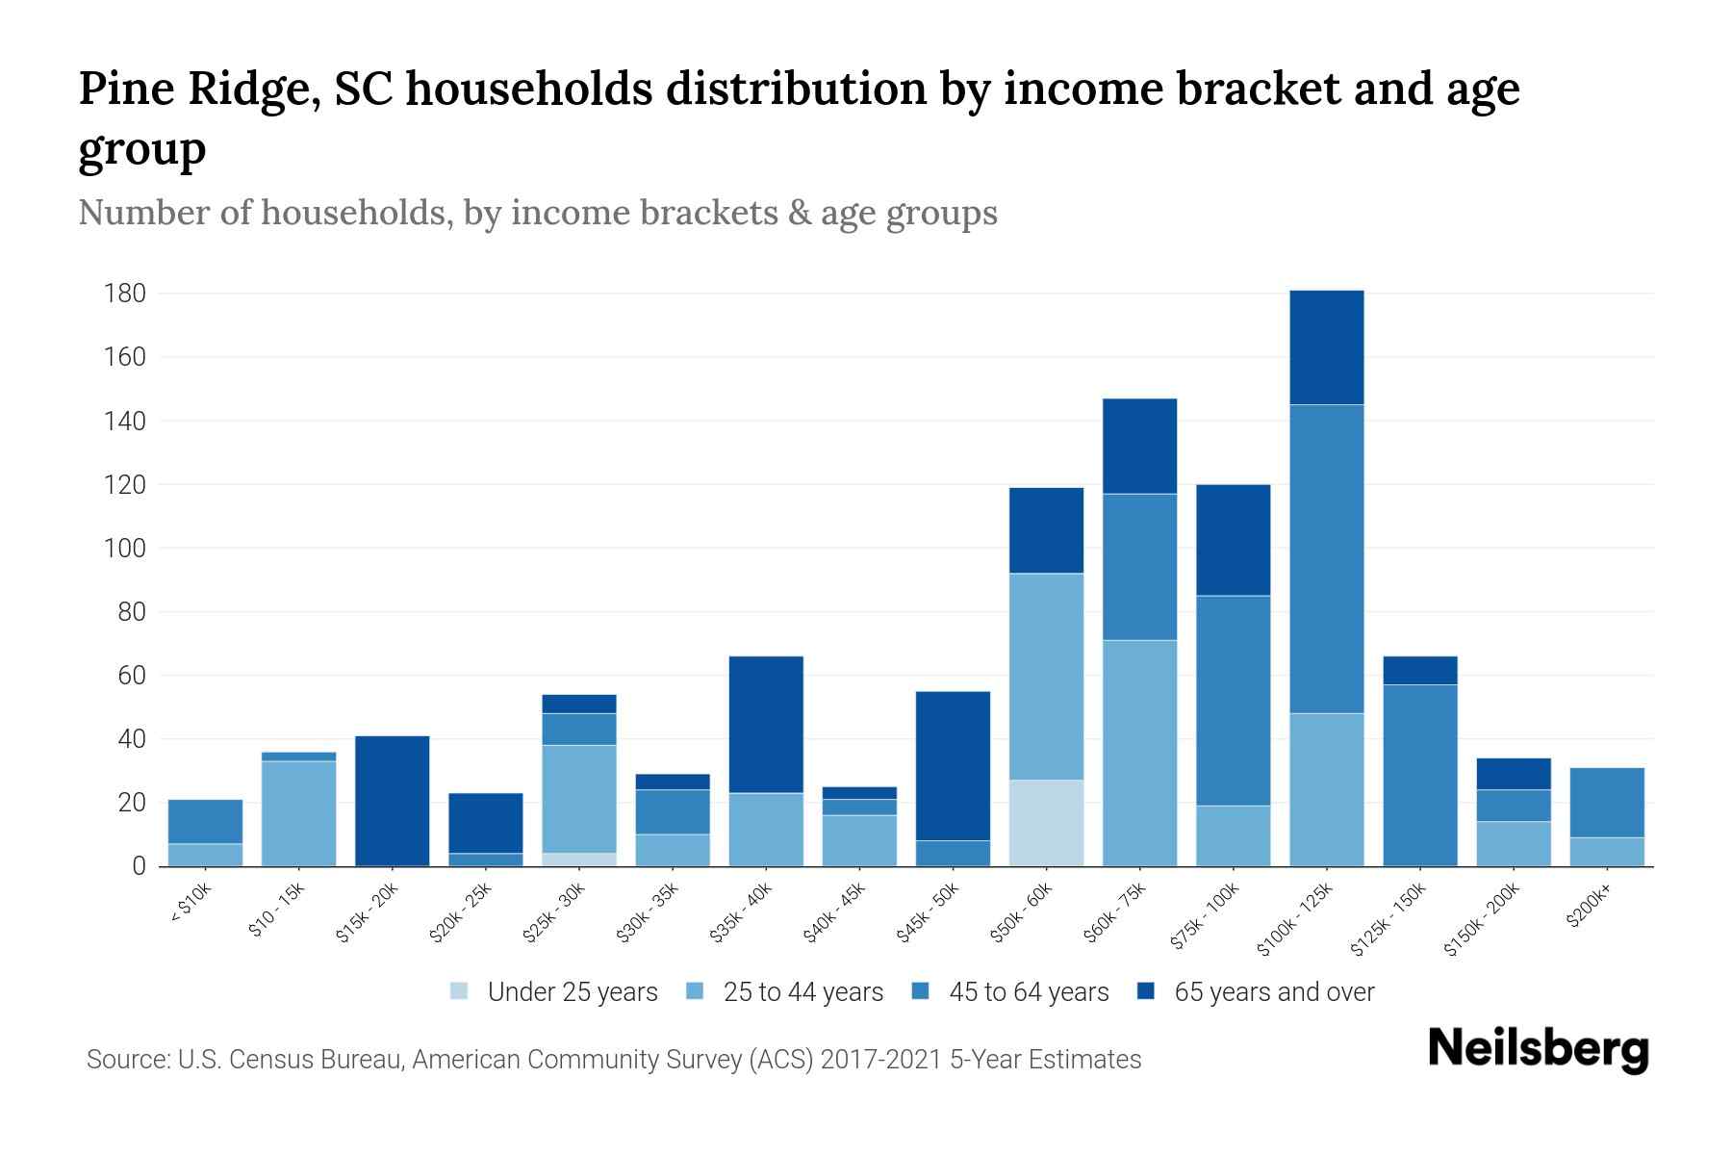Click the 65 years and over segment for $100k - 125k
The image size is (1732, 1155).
[x=1326, y=347]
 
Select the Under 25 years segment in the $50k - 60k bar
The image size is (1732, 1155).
[x=1046, y=823]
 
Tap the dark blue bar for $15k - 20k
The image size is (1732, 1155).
[x=393, y=801]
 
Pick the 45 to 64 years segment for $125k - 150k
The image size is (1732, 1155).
[x=1419, y=775]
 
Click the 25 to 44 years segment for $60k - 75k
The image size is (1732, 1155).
[x=1139, y=753]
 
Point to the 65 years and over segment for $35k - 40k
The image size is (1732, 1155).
[x=766, y=724]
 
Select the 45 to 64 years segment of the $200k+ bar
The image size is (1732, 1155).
[x=1606, y=803]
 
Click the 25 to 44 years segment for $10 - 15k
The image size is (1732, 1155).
[x=299, y=813]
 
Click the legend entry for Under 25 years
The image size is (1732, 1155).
[x=554, y=992]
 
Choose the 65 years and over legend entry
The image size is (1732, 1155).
[x=1256, y=992]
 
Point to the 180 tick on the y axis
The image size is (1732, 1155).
[x=125, y=294]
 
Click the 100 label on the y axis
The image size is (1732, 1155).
[x=125, y=549]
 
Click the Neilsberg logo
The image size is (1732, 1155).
[x=1539, y=1049]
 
